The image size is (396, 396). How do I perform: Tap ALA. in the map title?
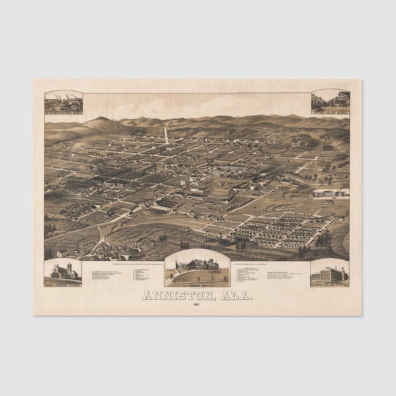click(234, 295)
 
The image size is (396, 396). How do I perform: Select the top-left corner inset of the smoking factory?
click(63, 101)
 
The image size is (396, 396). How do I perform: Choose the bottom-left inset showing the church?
click(63, 271)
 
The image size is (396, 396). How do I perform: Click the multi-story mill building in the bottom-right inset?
click(330, 272)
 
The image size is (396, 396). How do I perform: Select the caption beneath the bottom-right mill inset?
click(330, 283)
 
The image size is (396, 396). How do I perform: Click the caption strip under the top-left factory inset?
click(63, 113)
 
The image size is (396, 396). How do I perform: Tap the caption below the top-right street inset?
click(330, 113)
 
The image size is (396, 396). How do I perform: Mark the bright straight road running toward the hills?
click(166, 135)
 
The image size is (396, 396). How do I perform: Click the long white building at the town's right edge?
click(330, 192)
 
